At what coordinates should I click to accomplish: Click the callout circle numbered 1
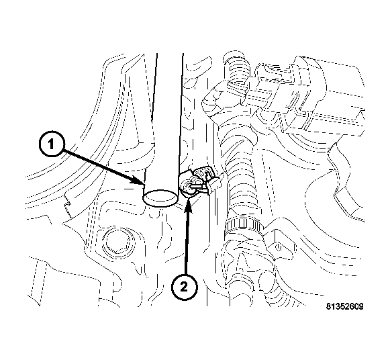[x=52, y=144]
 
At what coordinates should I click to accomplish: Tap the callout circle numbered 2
[x=184, y=287]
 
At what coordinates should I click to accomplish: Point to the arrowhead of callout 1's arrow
[x=139, y=181]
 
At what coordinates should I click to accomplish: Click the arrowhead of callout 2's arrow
[x=189, y=203]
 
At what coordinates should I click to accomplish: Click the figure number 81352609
[x=345, y=306]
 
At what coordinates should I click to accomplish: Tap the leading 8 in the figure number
[x=328, y=306]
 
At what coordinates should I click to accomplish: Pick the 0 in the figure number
[x=357, y=306]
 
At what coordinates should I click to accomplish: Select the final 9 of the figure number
[x=361, y=306]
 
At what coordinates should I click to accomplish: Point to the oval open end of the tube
[x=160, y=197]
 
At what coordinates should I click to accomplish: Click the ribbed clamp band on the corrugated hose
[x=242, y=226]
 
